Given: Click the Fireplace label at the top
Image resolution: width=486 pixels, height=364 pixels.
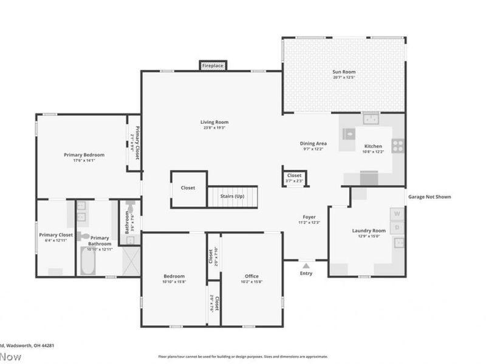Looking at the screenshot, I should coord(213,65).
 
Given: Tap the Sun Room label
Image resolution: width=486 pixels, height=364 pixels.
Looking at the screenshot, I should coord(344,72).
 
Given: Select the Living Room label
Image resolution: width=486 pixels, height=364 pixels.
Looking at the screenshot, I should coord(214,122).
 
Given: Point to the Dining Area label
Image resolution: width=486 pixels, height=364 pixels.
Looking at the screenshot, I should coord(313,143).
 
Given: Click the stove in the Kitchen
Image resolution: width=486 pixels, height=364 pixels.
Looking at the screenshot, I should coord(398,145).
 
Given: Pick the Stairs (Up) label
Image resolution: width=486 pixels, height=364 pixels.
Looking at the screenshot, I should coord(231,196).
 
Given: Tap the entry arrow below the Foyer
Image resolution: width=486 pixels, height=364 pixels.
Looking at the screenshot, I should coord(306,265).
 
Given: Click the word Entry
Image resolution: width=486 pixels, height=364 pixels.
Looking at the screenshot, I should coord(306,273).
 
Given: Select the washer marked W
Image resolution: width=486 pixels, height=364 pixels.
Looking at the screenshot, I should coord(397,214).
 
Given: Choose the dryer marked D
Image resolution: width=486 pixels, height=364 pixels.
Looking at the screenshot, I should coord(397,227).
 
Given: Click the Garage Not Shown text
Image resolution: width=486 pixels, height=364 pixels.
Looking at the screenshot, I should coord(430,197).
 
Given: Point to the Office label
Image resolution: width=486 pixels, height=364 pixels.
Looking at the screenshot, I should coord(252,275).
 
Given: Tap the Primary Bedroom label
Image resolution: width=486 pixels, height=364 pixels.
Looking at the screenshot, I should coord(84,155).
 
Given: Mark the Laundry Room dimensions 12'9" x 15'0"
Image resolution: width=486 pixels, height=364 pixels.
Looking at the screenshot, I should coord(369,237).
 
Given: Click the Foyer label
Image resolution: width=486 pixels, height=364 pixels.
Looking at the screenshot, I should coord(310,217).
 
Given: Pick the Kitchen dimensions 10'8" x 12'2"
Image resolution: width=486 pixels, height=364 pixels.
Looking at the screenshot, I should coord(373,152).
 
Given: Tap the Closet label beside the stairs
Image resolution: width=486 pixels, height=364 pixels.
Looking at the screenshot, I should coord(188,187).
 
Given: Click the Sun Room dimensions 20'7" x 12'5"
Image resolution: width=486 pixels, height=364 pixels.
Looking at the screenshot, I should coord(344,78).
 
